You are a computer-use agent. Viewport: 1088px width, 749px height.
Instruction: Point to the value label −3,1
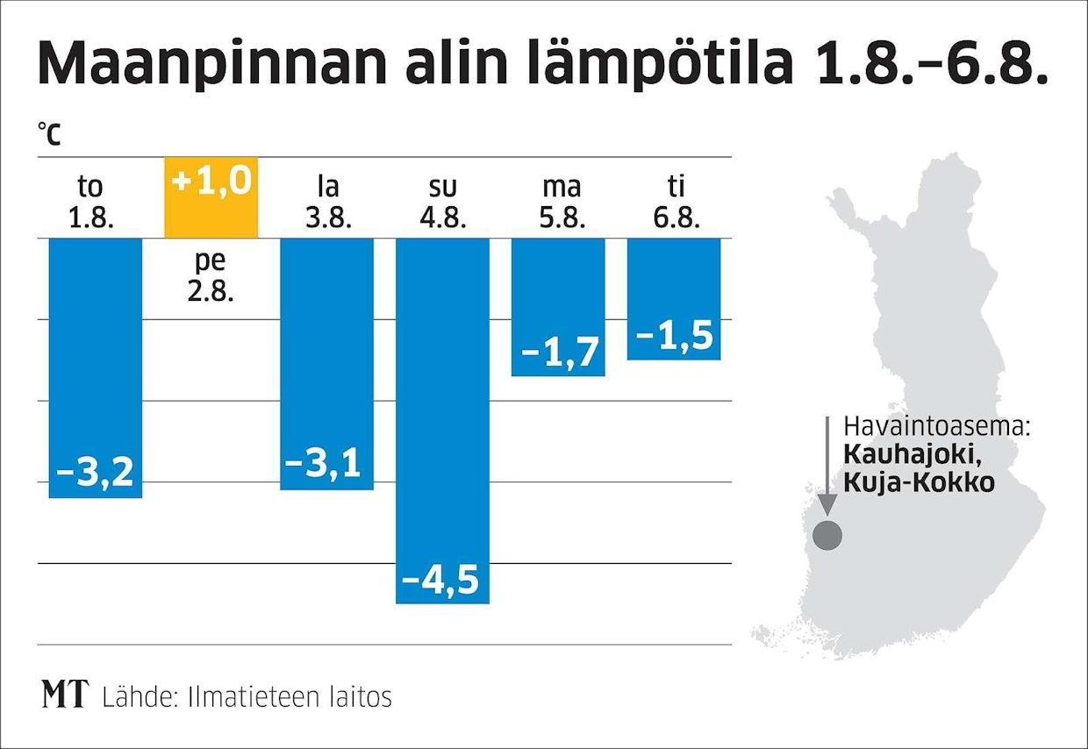pyautogui.click(x=326, y=464)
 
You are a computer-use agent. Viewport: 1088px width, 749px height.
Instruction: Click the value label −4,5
pyautogui.click(x=441, y=580)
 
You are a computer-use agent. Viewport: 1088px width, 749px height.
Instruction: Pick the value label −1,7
pyautogui.click(x=558, y=353)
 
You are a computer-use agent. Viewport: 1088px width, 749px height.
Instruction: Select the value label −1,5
pyautogui.click(x=674, y=335)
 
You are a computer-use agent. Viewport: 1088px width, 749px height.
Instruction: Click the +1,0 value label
pyautogui.click(x=211, y=182)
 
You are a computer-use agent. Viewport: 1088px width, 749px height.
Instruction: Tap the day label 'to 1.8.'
pyautogui.click(x=92, y=202)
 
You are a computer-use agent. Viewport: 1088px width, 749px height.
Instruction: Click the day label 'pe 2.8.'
pyautogui.click(x=211, y=275)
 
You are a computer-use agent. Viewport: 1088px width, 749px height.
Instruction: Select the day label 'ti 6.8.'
pyautogui.click(x=676, y=202)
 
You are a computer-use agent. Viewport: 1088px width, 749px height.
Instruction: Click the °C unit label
pyautogui.click(x=49, y=133)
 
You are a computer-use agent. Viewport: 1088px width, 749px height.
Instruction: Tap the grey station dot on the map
pyautogui.click(x=827, y=534)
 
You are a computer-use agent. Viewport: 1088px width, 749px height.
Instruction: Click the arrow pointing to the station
pyautogui.click(x=826, y=465)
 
